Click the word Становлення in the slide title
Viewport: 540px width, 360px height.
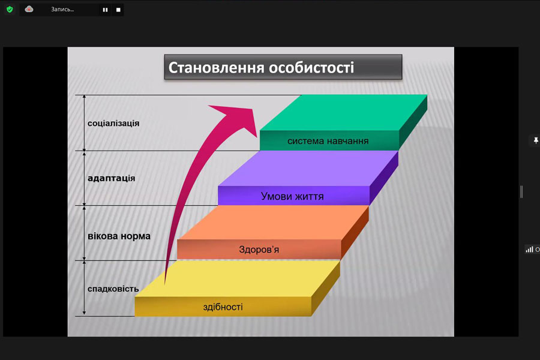coord(216,68)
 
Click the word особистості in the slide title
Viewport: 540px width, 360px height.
coord(311,68)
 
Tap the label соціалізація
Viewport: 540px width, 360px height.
coord(113,124)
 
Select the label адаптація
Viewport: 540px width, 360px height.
coord(111,178)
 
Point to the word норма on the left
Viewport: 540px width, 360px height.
coord(134,236)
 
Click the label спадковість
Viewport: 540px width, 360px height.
coord(113,289)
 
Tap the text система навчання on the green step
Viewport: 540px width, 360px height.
coord(328,141)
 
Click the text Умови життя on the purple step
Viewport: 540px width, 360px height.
coord(292,196)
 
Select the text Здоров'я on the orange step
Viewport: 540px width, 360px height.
coord(259,250)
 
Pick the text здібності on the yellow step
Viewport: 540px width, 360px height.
coord(223,307)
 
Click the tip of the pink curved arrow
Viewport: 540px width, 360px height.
coord(257,137)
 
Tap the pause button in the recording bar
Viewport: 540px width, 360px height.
coord(105,10)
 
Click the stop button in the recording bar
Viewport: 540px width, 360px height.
coord(118,10)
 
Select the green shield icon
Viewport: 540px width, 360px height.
coord(10,10)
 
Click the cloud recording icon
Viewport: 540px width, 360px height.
coord(29,10)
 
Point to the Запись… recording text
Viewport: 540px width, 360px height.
coord(62,10)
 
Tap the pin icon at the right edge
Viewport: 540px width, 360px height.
coord(536,140)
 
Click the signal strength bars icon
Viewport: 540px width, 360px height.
coord(529,250)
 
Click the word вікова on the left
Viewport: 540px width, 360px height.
coord(101,236)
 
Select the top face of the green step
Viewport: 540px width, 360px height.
coord(343,113)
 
